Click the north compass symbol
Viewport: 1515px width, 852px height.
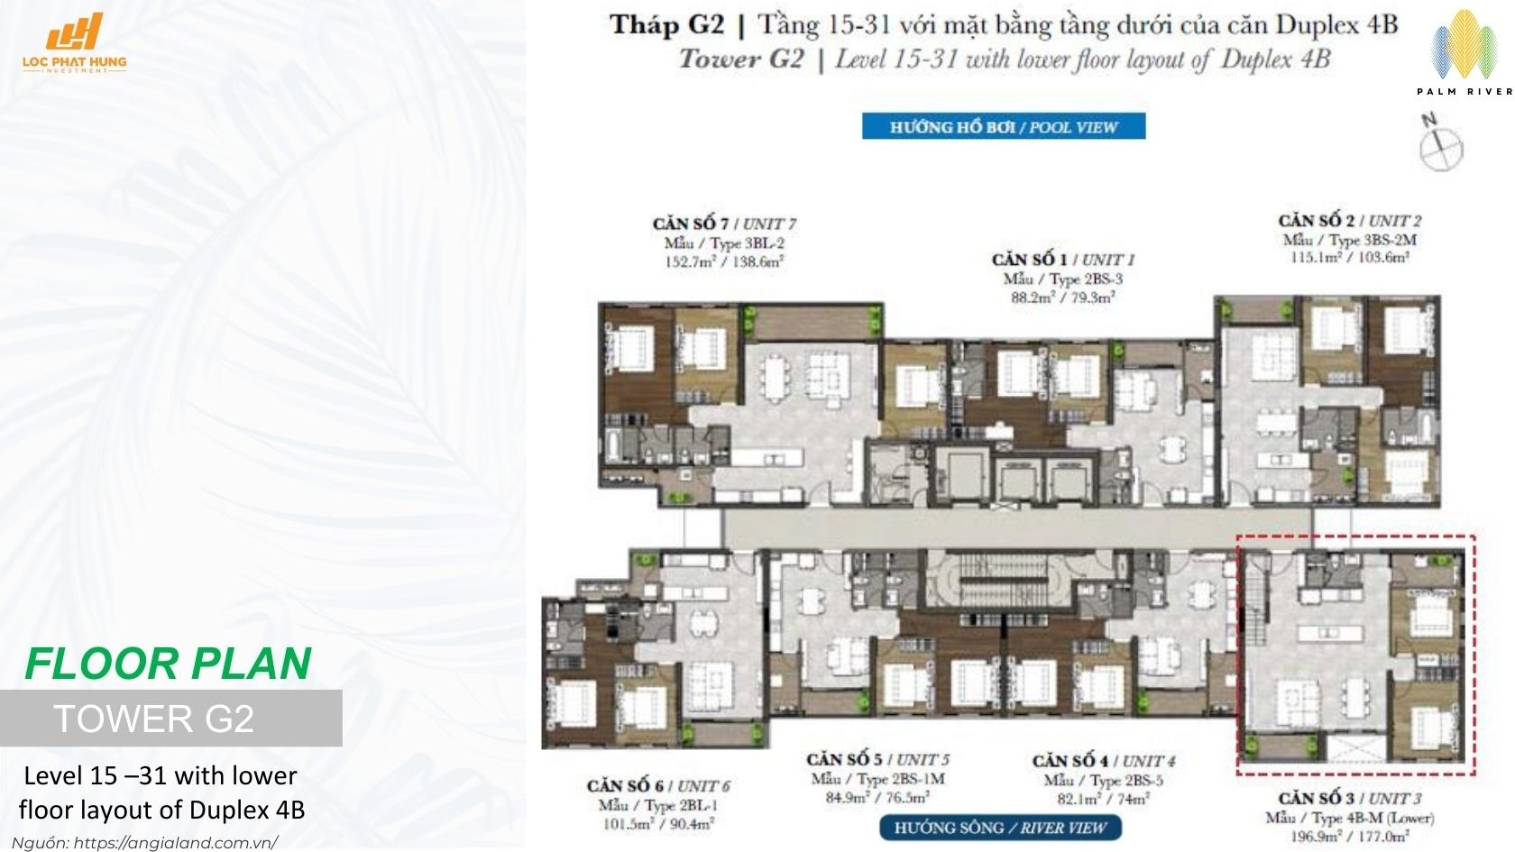click(x=1441, y=145)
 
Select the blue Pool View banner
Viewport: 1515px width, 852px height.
click(x=1003, y=126)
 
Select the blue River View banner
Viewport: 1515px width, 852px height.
click(x=1000, y=828)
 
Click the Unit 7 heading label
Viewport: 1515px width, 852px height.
click(x=723, y=224)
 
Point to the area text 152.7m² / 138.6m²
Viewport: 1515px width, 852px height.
click(x=723, y=262)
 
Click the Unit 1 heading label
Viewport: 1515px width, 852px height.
click(x=1062, y=260)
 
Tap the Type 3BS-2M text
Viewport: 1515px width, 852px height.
click(x=1349, y=240)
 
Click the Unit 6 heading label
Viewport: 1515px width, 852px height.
click(x=657, y=786)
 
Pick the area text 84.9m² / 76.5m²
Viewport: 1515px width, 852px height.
click(x=877, y=798)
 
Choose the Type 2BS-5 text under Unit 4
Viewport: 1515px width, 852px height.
click(x=1102, y=780)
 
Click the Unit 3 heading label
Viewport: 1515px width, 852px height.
click(x=1349, y=799)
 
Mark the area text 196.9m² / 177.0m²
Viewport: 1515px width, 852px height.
click(x=1349, y=837)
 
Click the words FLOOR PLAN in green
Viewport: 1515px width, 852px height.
click(x=168, y=664)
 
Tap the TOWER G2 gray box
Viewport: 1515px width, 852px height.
click(x=170, y=719)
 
